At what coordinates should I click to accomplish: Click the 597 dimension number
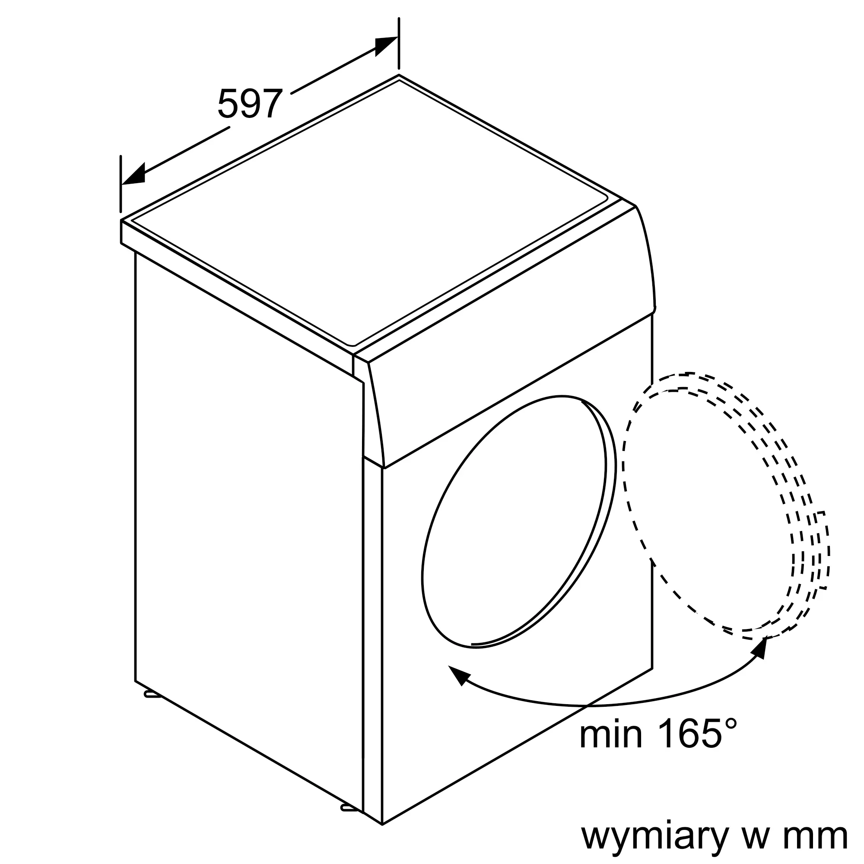[x=250, y=104]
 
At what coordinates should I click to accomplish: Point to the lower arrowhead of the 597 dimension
[x=134, y=175]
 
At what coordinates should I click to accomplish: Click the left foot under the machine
[x=151, y=695]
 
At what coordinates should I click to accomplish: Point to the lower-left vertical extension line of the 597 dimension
[x=121, y=183]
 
